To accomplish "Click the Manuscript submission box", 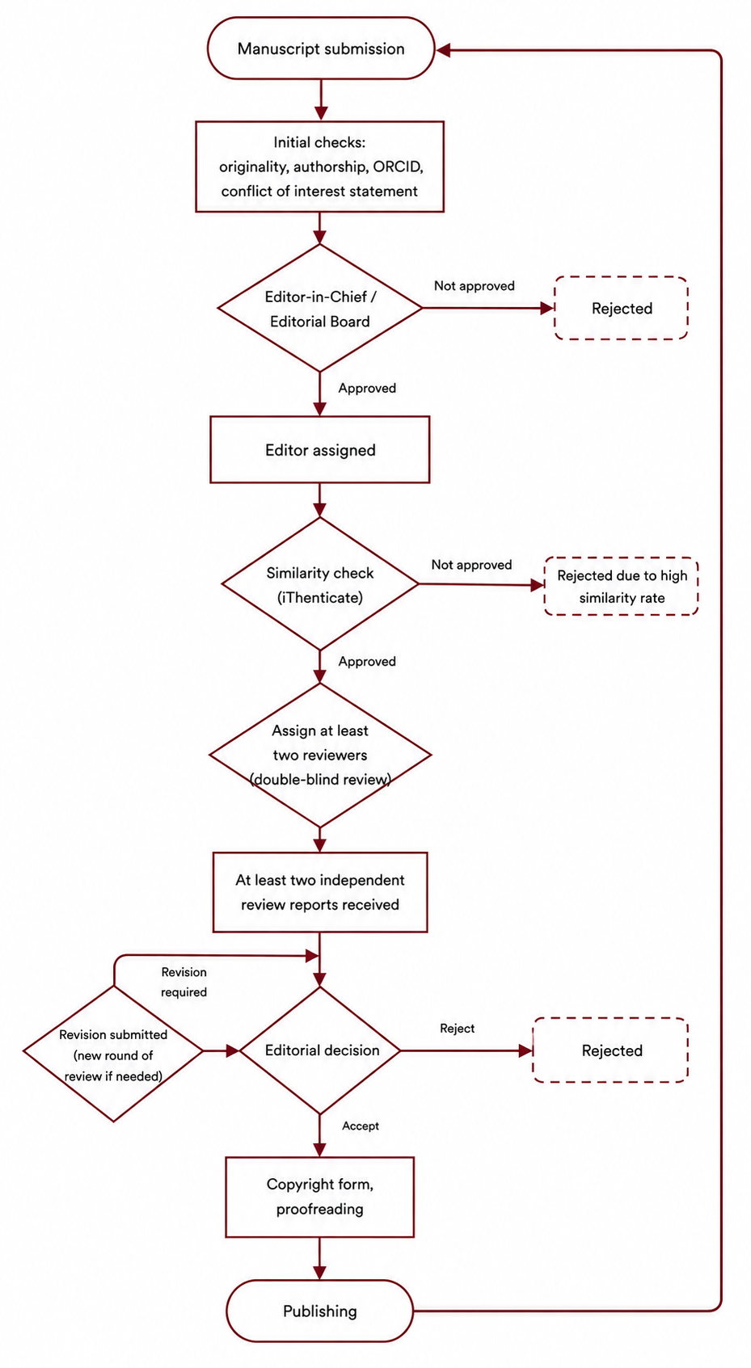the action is click(x=321, y=48).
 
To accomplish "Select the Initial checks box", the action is click(x=319, y=166).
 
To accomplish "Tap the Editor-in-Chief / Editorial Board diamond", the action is click(x=319, y=308).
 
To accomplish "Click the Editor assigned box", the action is click(x=319, y=449).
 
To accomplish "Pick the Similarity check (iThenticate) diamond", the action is click(x=319, y=584).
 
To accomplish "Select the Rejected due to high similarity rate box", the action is click(x=622, y=587).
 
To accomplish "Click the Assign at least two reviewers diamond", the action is click(x=320, y=755).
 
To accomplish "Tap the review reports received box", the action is click(x=319, y=892).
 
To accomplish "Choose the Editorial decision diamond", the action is click(x=319, y=1050).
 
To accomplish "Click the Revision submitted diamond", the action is click(x=113, y=1054).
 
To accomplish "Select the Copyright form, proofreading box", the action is click(x=319, y=1197).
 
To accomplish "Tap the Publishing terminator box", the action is click(x=319, y=1311).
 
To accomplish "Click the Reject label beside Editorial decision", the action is click(x=457, y=1029).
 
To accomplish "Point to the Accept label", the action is click(x=361, y=1126).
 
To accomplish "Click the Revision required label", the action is click(x=184, y=982).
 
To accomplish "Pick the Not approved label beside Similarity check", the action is click(x=472, y=565).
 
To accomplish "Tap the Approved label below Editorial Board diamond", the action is click(x=367, y=389).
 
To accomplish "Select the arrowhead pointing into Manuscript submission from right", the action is click(x=443, y=50).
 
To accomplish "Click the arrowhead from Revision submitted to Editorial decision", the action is click(x=232, y=1050).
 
